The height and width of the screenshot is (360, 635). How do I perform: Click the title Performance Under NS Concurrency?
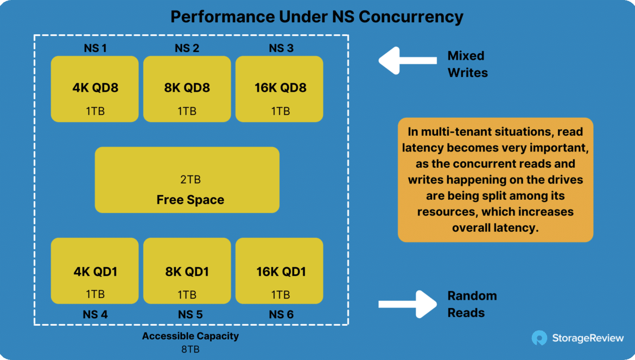(x=317, y=17)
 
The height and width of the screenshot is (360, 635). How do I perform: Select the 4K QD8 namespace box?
(x=95, y=89)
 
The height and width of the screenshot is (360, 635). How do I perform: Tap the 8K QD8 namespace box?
(x=187, y=89)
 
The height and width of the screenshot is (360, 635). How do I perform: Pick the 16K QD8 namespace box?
(x=280, y=89)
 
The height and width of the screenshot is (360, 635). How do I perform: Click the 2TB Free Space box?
(x=187, y=180)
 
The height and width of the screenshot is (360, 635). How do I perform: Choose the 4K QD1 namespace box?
(x=95, y=271)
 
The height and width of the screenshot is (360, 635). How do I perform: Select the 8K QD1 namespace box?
(x=187, y=271)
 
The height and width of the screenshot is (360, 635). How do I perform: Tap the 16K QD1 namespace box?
(x=280, y=271)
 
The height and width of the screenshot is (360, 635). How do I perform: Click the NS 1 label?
(x=95, y=48)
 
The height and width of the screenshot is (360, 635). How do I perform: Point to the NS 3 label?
(x=281, y=48)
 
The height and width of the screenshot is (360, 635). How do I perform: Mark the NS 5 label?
(x=190, y=314)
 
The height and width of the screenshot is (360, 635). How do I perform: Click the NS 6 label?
(x=281, y=314)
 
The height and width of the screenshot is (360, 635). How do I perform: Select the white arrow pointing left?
(x=408, y=61)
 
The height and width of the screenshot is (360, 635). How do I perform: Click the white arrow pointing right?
(x=408, y=304)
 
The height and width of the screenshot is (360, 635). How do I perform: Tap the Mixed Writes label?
(x=468, y=64)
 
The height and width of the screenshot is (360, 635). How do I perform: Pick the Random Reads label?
(x=472, y=304)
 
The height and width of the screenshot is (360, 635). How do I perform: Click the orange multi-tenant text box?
(x=496, y=180)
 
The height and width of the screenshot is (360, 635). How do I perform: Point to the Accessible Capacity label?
(x=190, y=336)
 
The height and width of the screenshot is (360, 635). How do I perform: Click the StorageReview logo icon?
(x=539, y=338)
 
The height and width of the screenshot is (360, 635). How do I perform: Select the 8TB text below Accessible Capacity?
(x=190, y=349)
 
